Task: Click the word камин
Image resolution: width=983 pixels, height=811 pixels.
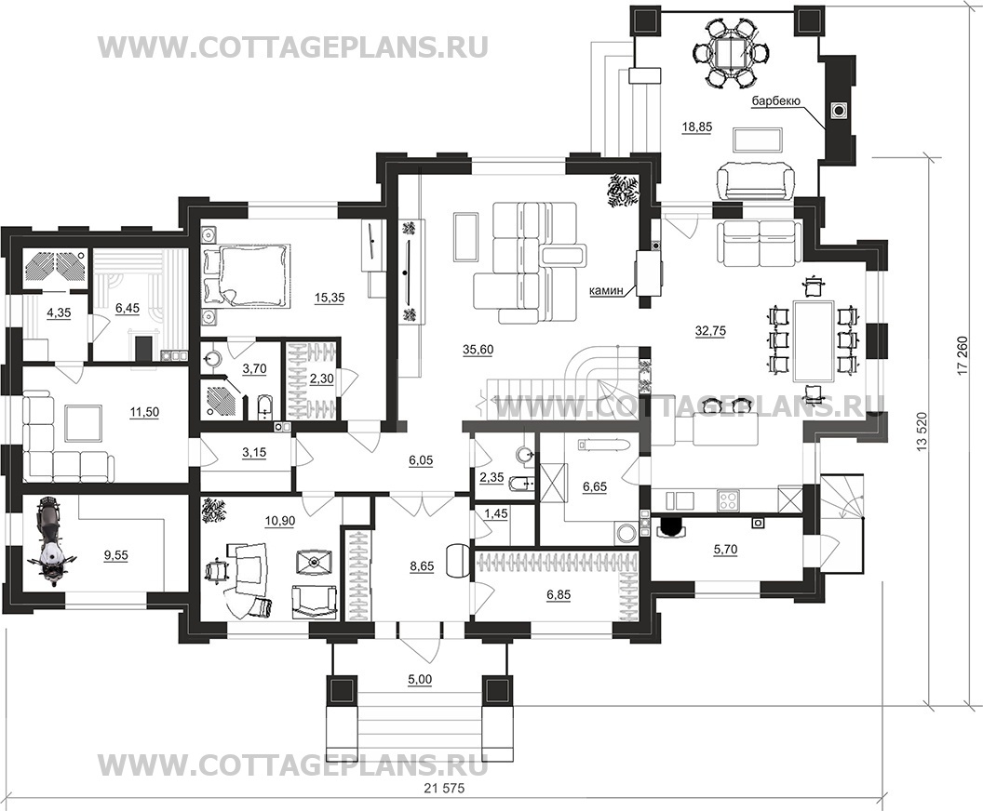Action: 605,290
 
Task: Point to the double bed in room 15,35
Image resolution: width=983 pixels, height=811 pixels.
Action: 247,277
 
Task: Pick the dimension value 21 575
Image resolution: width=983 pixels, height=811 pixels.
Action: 442,789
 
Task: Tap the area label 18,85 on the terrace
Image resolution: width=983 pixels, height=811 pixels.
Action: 697,126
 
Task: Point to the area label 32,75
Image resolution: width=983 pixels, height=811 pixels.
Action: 711,331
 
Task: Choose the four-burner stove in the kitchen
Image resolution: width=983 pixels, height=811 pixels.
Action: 730,500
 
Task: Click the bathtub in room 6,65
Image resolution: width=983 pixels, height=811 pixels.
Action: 602,445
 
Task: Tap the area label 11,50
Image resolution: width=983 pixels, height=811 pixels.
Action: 144,411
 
